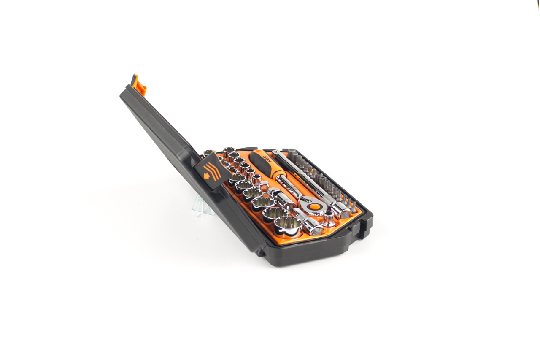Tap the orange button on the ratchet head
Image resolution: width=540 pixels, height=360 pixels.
pos(314,206)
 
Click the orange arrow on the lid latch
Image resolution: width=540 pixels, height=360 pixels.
pos(206,176)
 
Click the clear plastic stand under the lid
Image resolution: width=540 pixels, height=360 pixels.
pos(203,206)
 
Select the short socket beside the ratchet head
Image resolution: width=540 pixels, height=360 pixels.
pos(329,218)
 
